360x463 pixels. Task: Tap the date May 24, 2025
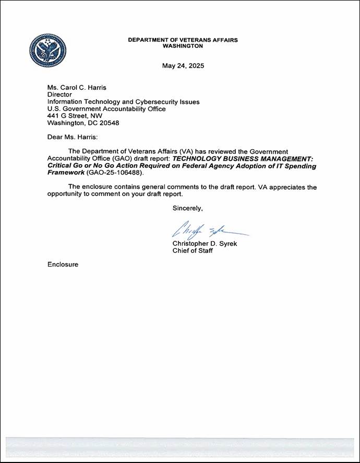pyautogui.click(x=183, y=66)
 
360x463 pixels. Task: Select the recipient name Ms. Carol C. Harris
pyautogui.click(x=76, y=88)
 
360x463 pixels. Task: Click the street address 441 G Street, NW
pyautogui.click(x=75, y=116)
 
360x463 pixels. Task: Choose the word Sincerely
pyautogui.click(x=188, y=208)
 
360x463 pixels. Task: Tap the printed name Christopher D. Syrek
pyautogui.click(x=205, y=243)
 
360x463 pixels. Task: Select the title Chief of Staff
pyautogui.click(x=193, y=251)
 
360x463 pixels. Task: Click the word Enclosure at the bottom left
pyautogui.click(x=63, y=264)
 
